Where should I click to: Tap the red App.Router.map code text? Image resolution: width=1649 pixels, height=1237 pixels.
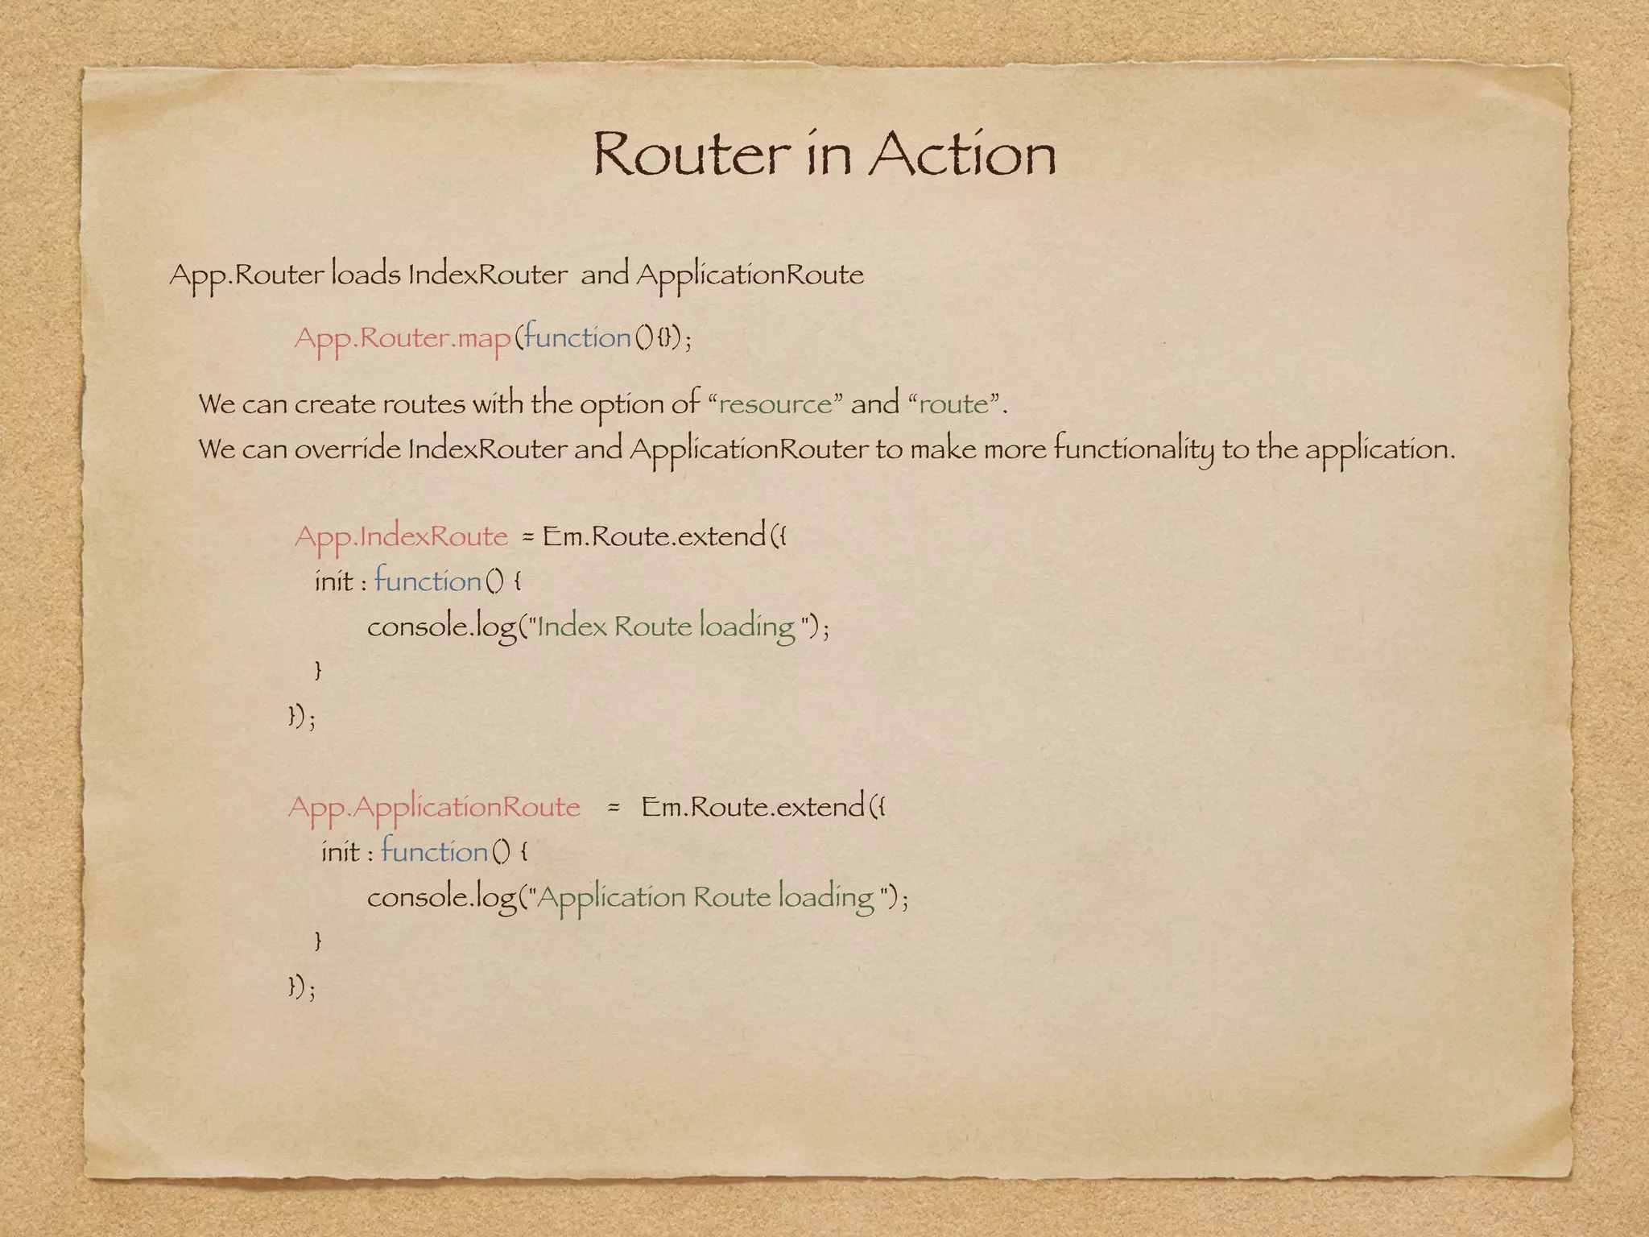[403, 337]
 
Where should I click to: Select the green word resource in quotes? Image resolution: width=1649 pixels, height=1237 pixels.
[775, 403]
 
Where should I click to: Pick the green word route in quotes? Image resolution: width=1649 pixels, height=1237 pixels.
[953, 403]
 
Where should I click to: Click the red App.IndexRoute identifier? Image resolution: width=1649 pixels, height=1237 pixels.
[401, 536]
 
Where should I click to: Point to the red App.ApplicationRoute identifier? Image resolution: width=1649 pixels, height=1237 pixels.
[434, 807]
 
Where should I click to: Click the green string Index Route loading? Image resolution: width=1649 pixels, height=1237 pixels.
[665, 627]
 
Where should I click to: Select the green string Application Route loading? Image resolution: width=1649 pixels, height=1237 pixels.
[705, 897]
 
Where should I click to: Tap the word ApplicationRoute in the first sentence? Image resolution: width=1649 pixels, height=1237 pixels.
[750, 275]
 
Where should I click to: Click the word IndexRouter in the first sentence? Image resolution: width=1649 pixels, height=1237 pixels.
[487, 275]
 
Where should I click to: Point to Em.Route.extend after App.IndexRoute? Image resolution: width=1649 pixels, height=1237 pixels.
[654, 536]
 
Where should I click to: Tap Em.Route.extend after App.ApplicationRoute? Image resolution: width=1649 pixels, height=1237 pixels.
[753, 807]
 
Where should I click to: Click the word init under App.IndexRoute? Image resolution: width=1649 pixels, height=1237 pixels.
[333, 581]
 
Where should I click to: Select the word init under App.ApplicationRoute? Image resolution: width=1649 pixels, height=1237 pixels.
[340, 852]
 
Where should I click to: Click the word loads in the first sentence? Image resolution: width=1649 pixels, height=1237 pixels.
[366, 275]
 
